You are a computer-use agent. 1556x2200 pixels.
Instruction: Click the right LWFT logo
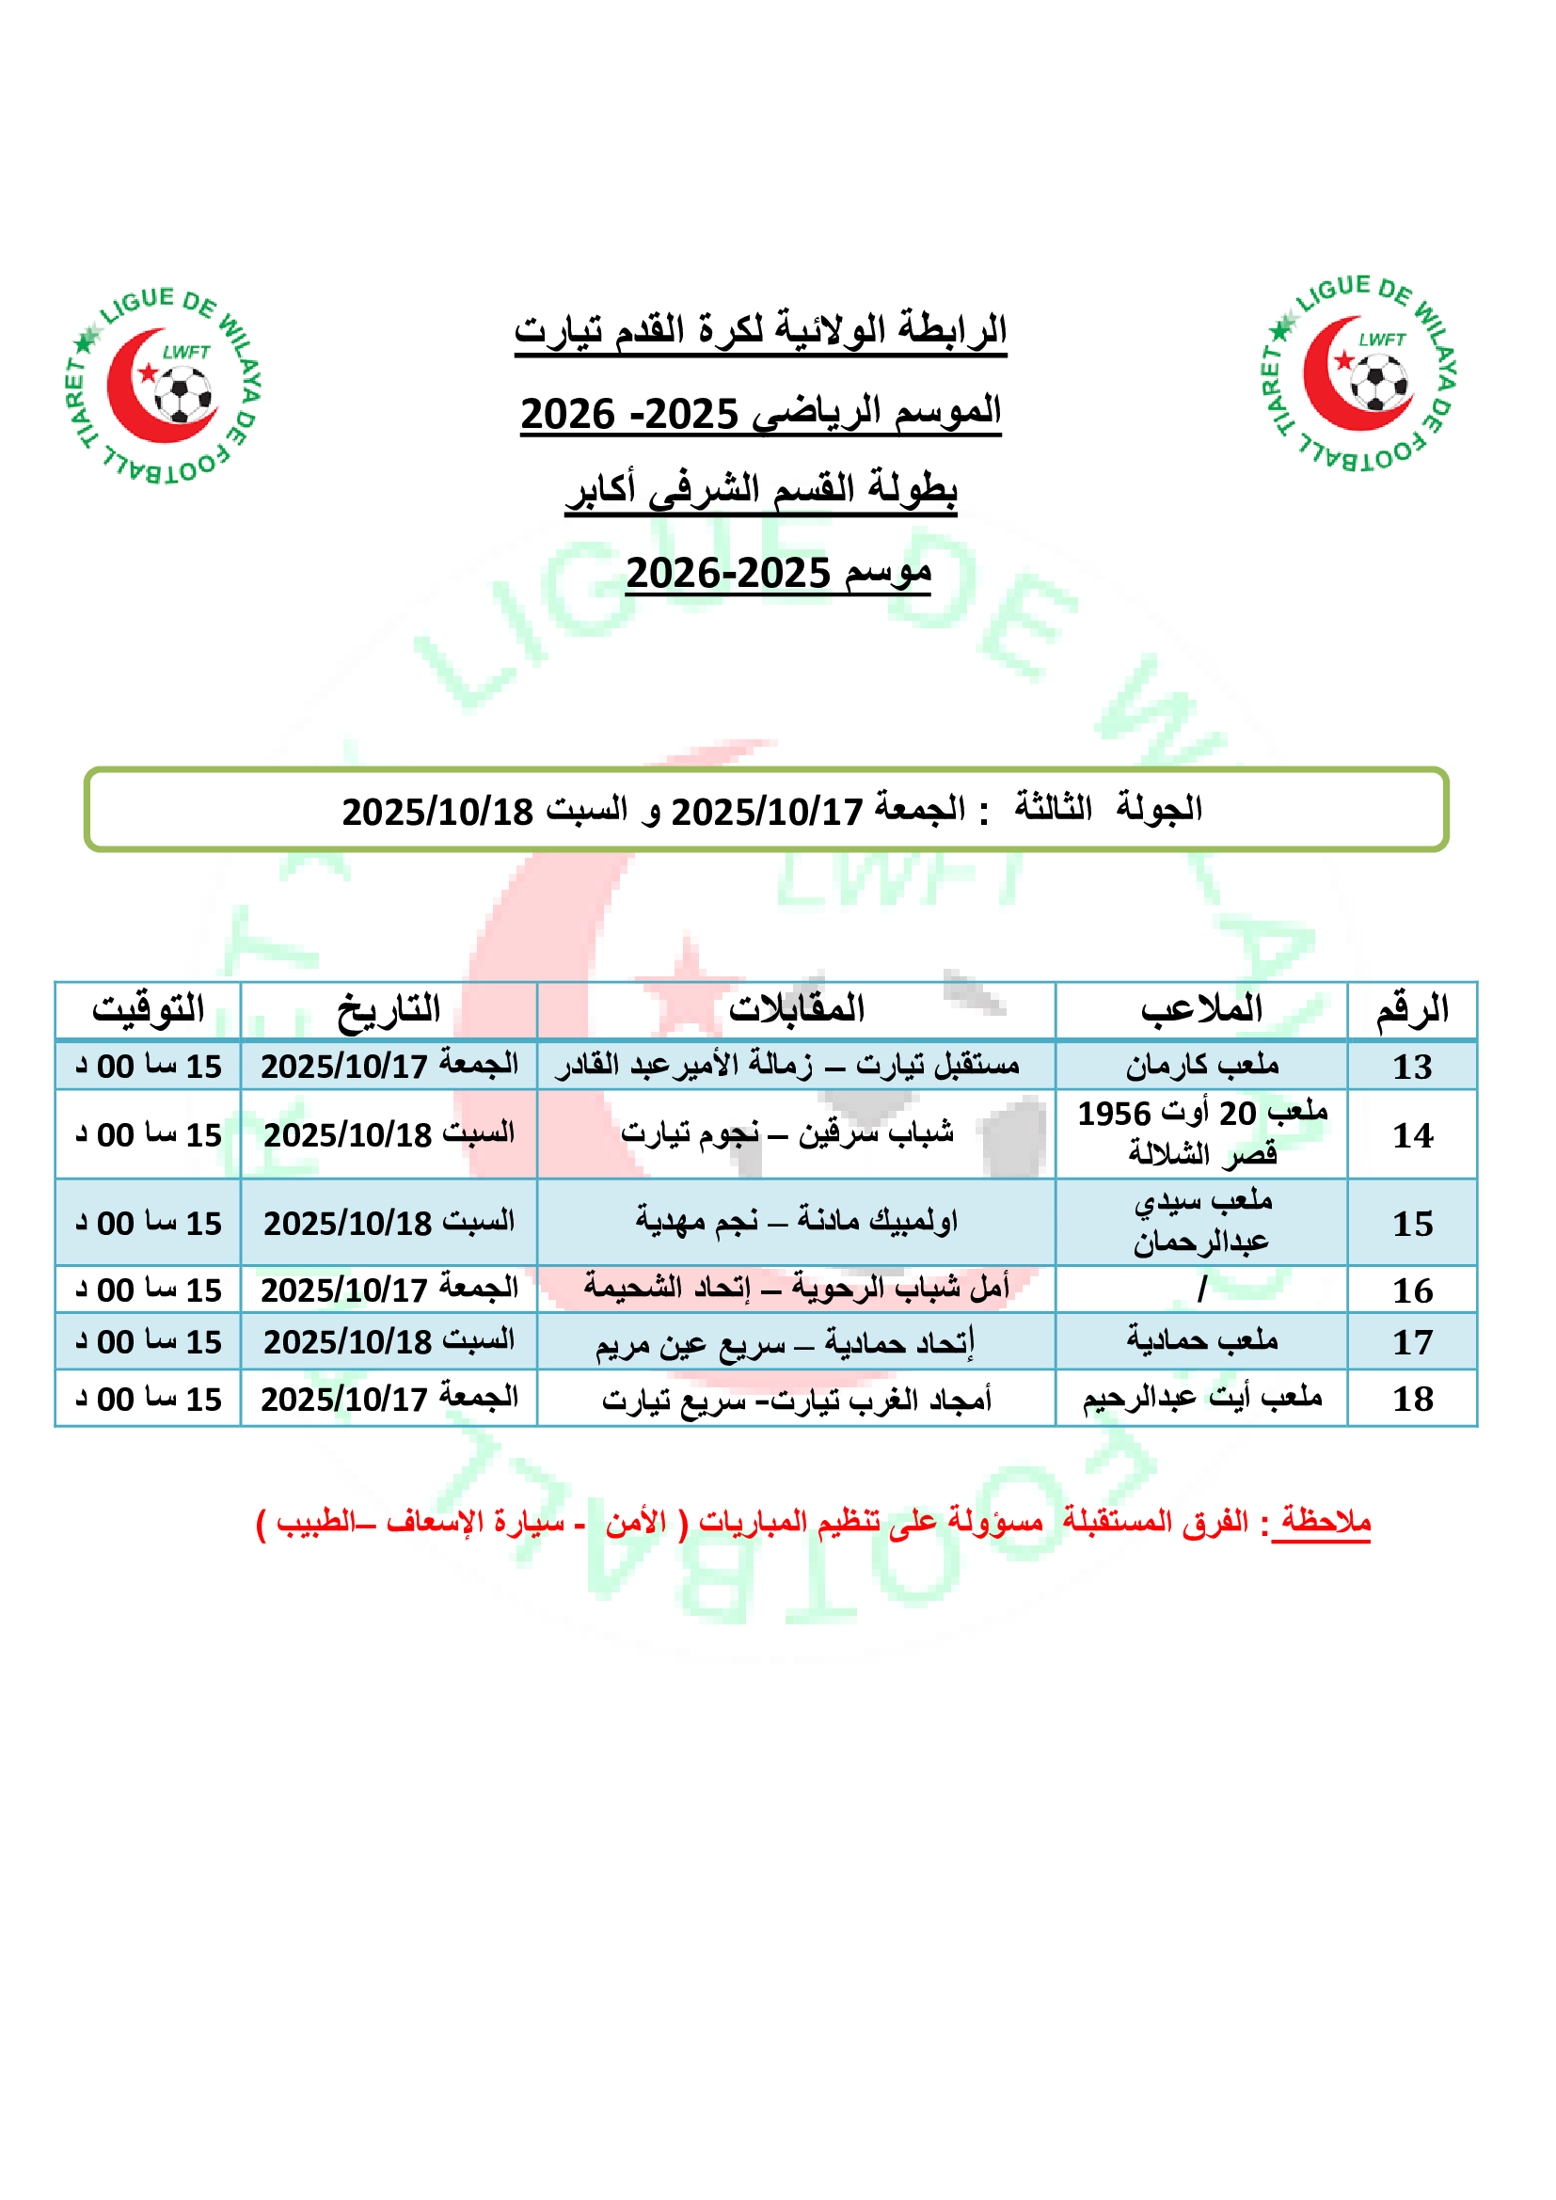tap(1360, 374)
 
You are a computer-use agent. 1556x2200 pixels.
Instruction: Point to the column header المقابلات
tap(796, 1009)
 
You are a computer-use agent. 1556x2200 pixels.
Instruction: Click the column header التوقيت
tap(148, 1009)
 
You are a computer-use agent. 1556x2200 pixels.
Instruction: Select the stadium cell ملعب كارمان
tap(1201, 1066)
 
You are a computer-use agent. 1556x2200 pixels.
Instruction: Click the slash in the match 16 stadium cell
tap(1201, 1290)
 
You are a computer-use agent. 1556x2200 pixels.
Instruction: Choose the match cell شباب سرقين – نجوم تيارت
tap(786, 1133)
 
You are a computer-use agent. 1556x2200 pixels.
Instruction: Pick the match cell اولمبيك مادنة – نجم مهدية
tap(796, 1222)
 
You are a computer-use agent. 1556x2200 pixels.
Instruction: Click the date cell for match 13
tap(389, 1066)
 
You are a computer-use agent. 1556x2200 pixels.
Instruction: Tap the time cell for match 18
tap(149, 1399)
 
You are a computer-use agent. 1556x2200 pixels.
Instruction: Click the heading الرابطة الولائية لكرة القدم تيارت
tap(760, 330)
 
